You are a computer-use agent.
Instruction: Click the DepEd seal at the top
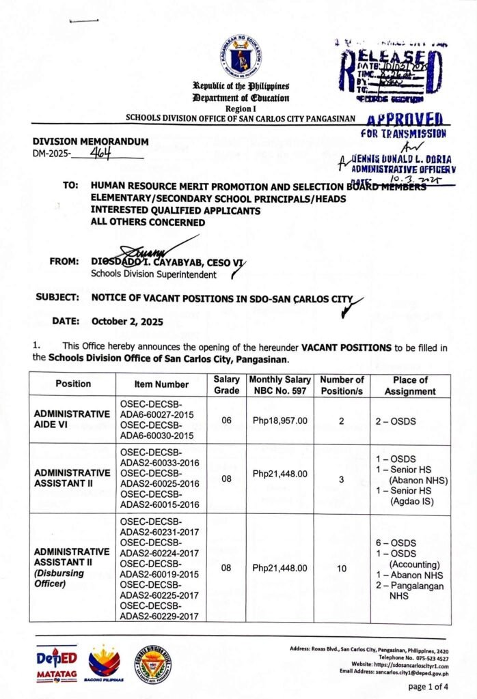[238, 56]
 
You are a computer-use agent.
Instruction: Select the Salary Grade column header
[227, 385]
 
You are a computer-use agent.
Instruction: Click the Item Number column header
[161, 385]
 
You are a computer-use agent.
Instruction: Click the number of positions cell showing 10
[341, 568]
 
